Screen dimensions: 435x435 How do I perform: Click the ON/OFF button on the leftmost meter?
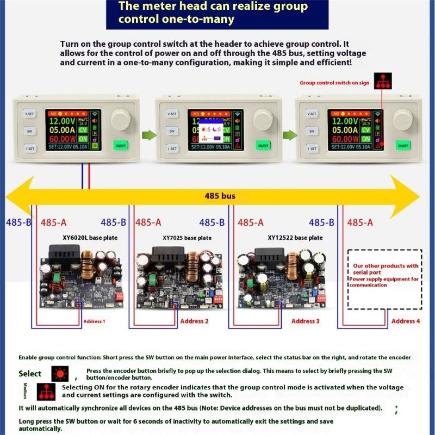click(121, 146)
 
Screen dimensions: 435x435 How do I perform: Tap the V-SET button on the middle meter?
click(172, 114)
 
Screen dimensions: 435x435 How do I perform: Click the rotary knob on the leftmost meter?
click(121, 119)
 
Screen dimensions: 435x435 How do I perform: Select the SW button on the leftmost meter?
click(30, 131)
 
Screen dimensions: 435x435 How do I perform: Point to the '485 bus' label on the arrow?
click(219, 196)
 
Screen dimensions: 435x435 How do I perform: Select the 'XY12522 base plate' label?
click(295, 238)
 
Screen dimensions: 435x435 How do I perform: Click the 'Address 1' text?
click(94, 321)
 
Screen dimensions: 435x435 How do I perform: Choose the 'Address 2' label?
click(195, 321)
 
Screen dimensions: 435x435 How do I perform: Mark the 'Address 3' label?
click(306, 321)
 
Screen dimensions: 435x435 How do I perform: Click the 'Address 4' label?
click(406, 321)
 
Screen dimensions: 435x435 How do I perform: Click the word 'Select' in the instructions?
click(30, 374)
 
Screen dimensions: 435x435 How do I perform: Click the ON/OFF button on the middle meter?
click(264, 146)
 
